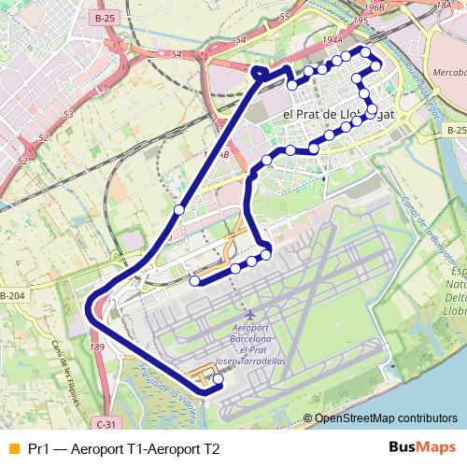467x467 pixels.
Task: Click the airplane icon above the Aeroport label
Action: (x=248, y=313)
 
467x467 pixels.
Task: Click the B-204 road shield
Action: (x=12, y=296)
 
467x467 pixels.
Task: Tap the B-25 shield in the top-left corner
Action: (x=106, y=18)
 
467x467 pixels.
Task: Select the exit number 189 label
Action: (x=96, y=347)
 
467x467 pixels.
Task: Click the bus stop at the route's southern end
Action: (x=218, y=380)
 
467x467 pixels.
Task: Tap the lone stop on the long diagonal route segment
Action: (x=178, y=210)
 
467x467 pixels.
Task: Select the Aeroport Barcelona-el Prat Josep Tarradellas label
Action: (x=249, y=345)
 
